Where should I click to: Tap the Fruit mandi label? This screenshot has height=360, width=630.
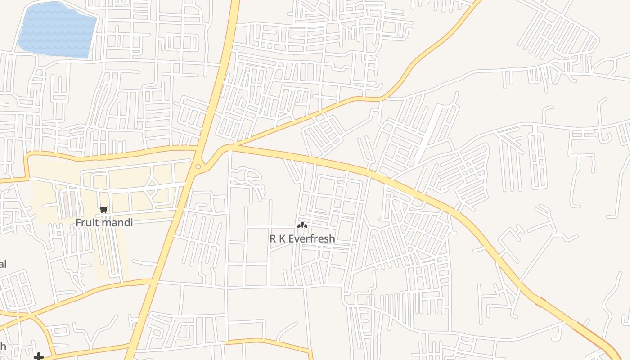[104, 222]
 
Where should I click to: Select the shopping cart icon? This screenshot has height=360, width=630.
[104, 209]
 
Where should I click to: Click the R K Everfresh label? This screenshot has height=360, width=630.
[302, 238]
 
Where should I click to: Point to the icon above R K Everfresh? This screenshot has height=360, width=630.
[302, 225]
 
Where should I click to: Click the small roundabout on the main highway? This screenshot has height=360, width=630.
[198, 167]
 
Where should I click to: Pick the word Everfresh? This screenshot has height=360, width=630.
[311, 238]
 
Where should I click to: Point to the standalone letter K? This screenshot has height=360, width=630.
[282, 238]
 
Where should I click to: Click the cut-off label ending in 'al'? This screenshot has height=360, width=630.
[2, 264]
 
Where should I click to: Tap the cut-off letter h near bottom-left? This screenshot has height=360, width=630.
[2, 346]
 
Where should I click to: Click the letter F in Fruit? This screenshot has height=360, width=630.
[78, 222]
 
